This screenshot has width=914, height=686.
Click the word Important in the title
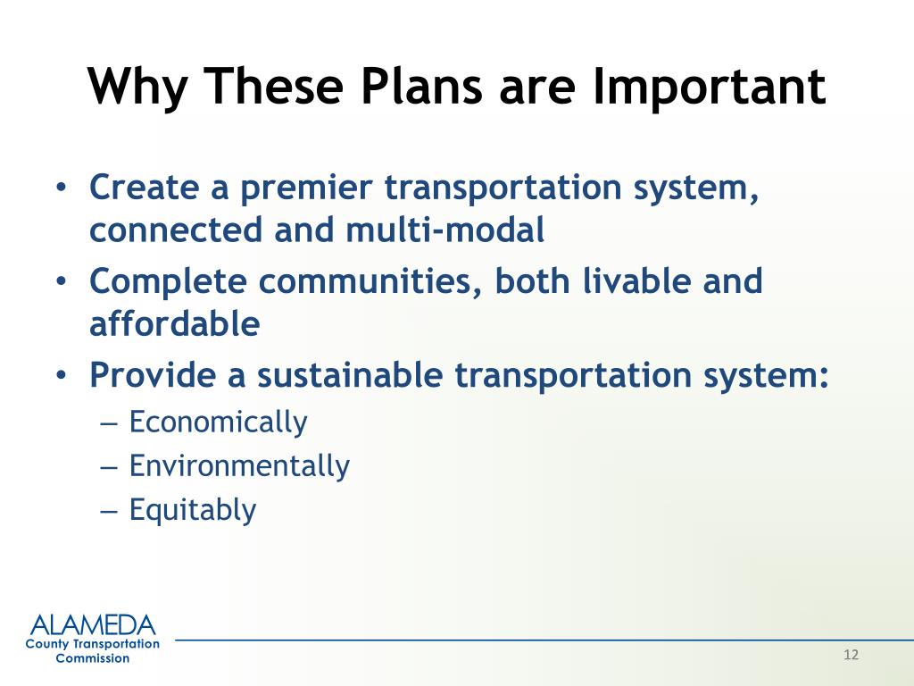[x=709, y=87]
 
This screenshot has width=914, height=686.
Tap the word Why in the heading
[x=137, y=87]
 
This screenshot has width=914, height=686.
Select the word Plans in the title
[x=421, y=87]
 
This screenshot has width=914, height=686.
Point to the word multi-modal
[x=445, y=230]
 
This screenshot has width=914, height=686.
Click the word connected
[x=176, y=230]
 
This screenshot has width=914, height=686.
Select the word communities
[x=370, y=281]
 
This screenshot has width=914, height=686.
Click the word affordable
[x=174, y=323]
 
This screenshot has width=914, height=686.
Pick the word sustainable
[x=350, y=374]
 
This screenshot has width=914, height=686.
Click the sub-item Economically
[x=218, y=422]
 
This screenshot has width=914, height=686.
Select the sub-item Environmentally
[x=239, y=465]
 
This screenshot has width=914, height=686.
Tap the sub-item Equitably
[x=193, y=509]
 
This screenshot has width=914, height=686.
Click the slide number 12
[x=851, y=655]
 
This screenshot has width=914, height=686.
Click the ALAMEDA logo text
[x=93, y=625]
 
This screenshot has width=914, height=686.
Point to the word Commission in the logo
[x=93, y=658]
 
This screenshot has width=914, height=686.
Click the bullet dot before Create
[x=61, y=188]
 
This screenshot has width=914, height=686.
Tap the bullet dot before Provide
[x=61, y=375]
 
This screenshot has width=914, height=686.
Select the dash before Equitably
[x=109, y=510]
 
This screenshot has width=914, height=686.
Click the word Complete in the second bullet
[x=168, y=281]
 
